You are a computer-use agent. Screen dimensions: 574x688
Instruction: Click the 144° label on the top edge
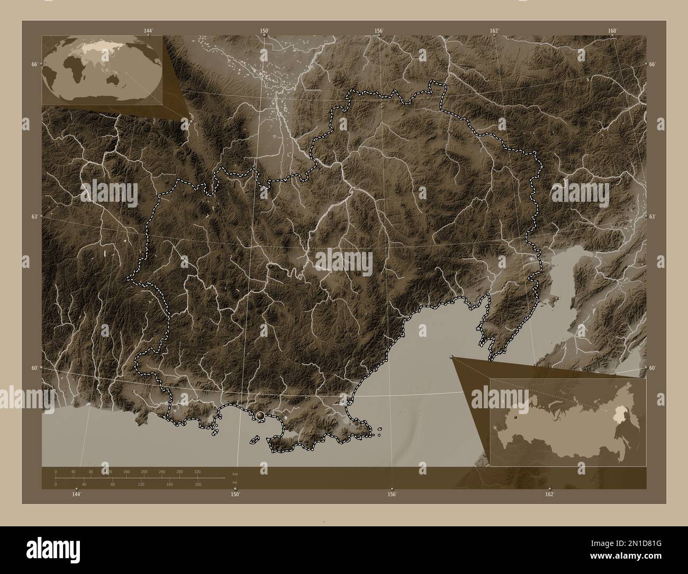click(x=148, y=31)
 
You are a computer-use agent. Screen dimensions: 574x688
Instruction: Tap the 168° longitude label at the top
click(x=612, y=31)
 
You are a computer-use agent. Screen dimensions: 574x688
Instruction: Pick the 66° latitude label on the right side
click(x=653, y=64)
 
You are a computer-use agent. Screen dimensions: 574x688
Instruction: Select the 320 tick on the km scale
click(x=197, y=471)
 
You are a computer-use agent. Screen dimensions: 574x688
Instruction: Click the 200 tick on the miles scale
click(x=197, y=485)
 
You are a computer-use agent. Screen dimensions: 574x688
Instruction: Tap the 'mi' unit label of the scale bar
click(x=234, y=482)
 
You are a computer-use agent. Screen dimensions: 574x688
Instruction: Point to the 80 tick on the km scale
click(x=91, y=471)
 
